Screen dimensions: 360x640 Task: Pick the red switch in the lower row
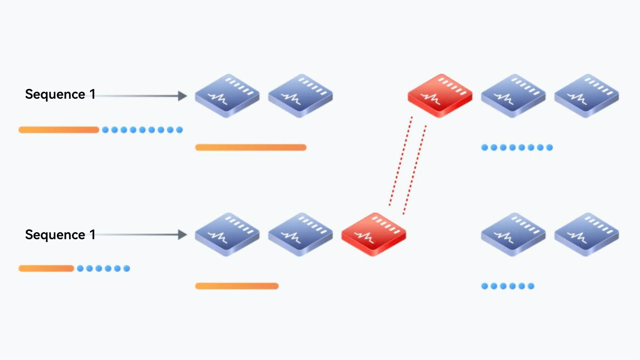click(373, 234)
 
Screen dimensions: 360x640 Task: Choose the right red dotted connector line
click(414, 169)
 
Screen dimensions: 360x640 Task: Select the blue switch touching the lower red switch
click(300, 234)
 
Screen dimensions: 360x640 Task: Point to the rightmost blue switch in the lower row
click(587, 234)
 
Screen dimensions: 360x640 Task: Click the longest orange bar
click(251, 147)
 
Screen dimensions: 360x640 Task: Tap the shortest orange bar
click(46, 268)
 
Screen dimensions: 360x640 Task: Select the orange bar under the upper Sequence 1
click(59, 130)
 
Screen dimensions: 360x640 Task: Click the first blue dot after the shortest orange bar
click(80, 268)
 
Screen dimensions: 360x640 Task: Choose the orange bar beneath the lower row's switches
click(237, 286)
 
